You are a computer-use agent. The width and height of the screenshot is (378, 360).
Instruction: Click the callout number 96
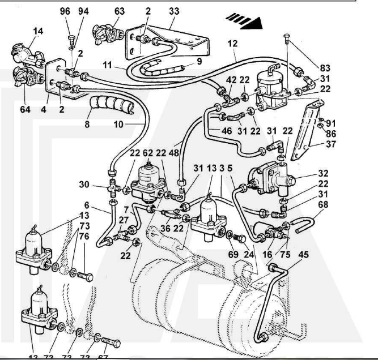(66, 11)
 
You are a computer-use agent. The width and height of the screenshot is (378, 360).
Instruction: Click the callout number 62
(147, 152)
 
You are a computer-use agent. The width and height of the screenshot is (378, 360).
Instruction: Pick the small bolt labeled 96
(71, 39)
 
